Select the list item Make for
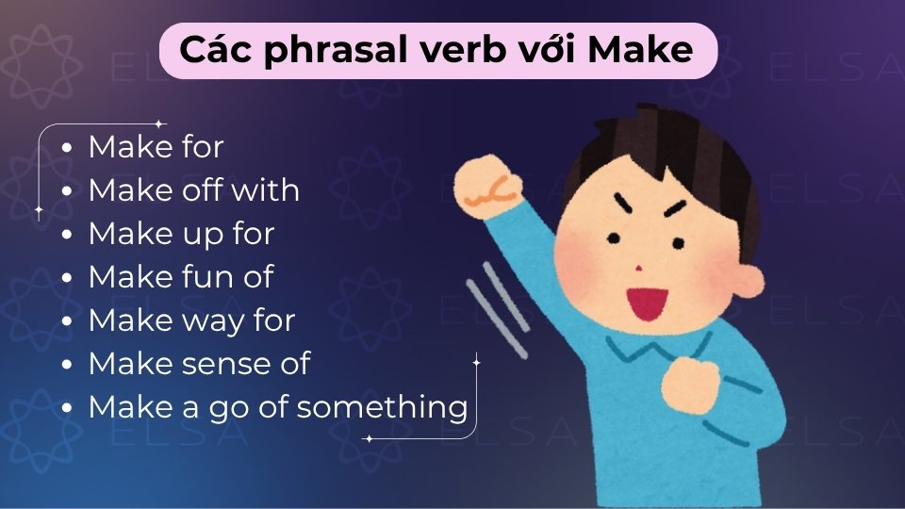click(x=156, y=147)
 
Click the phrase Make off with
click(x=193, y=190)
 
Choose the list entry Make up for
click(x=181, y=234)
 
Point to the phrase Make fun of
click(x=180, y=277)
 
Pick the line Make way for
click(x=191, y=320)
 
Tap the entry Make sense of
click(x=199, y=364)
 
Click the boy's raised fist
click(x=486, y=184)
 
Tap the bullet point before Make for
click(x=66, y=148)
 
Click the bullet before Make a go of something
click(x=66, y=408)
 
